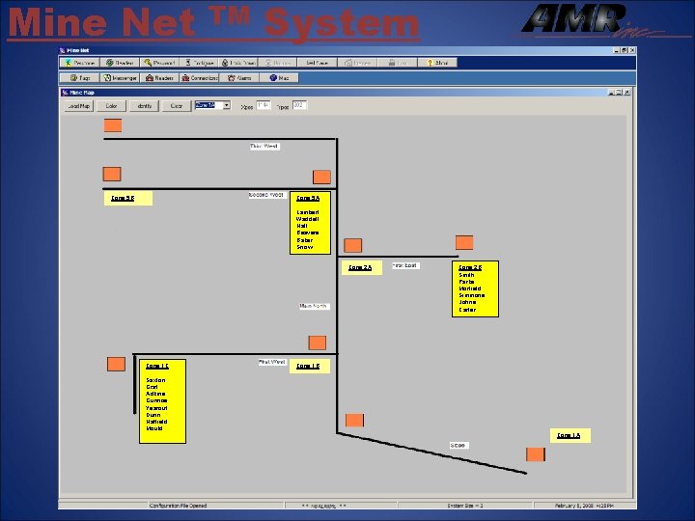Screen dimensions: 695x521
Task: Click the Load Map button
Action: pyautogui.click(x=78, y=106)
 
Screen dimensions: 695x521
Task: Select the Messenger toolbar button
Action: pyautogui.click(x=121, y=77)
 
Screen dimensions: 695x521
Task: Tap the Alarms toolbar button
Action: pyautogui.click(x=241, y=77)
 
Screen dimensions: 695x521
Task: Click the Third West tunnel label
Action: pyautogui.click(x=264, y=147)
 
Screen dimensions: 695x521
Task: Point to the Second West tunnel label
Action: pyautogui.click(x=265, y=195)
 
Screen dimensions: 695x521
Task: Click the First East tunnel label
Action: pyautogui.click(x=404, y=265)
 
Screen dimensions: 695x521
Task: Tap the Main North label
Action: pyautogui.click(x=314, y=307)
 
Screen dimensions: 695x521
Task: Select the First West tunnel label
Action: pyautogui.click(x=271, y=363)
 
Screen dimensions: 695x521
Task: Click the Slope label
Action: pyautogui.click(x=458, y=445)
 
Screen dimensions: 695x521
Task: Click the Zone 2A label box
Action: pyautogui.click(x=359, y=267)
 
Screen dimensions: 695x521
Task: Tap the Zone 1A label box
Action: pyautogui.click(x=570, y=436)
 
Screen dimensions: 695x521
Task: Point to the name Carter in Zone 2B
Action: pyautogui.click(x=467, y=310)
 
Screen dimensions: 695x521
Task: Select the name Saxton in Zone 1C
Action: pyautogui.click(x=155, y=380)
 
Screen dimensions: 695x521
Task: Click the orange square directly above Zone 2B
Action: pyautogui.click(x=464, y=243)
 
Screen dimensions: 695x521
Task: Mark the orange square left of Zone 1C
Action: pyautogui.click(x=116, y=364)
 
